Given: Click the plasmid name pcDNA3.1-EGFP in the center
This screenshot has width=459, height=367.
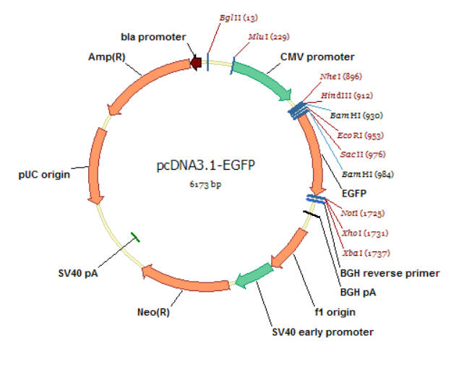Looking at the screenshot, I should (206, 166).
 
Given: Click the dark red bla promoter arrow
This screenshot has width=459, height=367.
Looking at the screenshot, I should (195, 64).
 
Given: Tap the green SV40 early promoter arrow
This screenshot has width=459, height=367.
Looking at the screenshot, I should (254, 276).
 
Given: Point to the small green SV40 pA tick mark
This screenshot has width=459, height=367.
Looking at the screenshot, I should (135, 237).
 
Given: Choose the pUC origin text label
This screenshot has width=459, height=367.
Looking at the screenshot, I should (44, 174).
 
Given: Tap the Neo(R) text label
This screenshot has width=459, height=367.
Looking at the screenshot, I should (153, 313).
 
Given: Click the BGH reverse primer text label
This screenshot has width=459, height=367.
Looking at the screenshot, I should (390, 273).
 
